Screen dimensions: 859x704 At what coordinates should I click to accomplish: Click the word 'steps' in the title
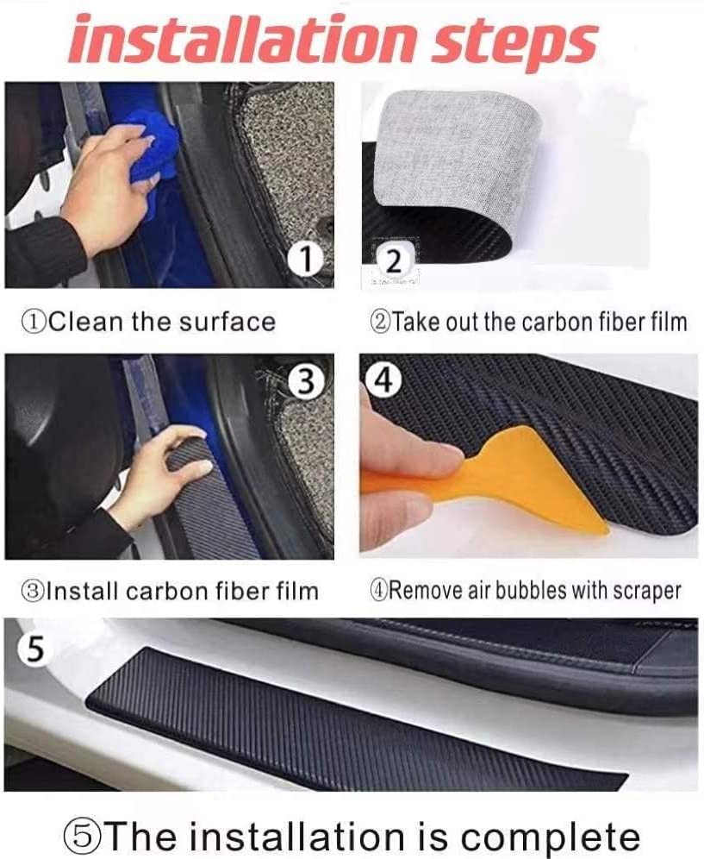(520, 41)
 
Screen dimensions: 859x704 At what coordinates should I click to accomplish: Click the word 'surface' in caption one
(227, 323)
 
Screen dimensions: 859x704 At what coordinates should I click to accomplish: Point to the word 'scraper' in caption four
(647, 591)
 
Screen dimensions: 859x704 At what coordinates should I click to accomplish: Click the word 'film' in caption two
(669, 323)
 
